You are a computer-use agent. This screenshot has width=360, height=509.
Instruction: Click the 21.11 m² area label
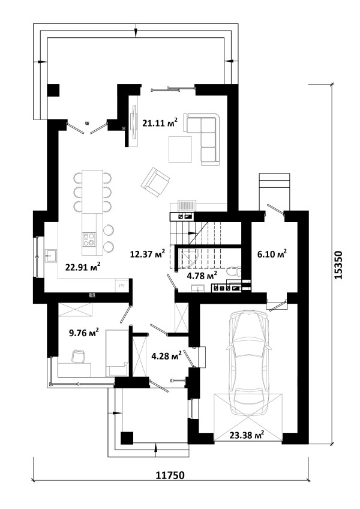coord(160,122)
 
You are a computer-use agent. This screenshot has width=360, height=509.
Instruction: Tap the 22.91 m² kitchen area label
coord(83,267)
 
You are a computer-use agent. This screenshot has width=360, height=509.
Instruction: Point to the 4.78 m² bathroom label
coord(202,276)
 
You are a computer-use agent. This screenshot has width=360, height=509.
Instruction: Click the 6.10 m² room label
coord(272,254)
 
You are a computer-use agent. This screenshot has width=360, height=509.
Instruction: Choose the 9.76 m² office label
coord(84,333)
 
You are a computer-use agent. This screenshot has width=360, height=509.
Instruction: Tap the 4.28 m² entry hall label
coord(167,356)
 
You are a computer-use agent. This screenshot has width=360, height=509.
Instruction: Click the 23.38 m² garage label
coord(247,435)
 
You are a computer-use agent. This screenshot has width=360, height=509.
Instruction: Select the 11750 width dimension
coord(170,475)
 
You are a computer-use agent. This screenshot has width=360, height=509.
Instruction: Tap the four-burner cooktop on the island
coord(89,239)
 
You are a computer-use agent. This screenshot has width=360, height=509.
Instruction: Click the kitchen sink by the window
coord(50,256)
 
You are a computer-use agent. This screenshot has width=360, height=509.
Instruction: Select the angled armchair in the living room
coord(155,181)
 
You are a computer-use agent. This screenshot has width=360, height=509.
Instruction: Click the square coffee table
coord(180,149)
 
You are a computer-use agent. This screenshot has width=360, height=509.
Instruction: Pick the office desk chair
coord(78,356)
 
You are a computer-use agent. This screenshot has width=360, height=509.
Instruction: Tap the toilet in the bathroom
coord(233,271)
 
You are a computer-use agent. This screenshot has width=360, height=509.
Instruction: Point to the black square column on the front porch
coord(127,438)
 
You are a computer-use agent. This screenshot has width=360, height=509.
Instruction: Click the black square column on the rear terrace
coord(53,90)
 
